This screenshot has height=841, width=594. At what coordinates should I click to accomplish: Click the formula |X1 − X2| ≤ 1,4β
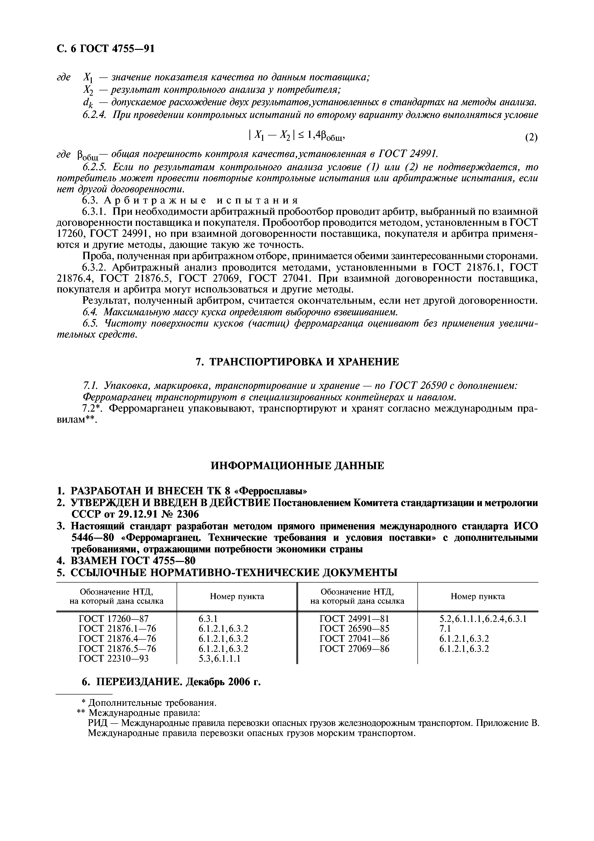(296, 136)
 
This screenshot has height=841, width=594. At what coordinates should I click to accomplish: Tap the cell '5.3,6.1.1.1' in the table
(219, 659)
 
